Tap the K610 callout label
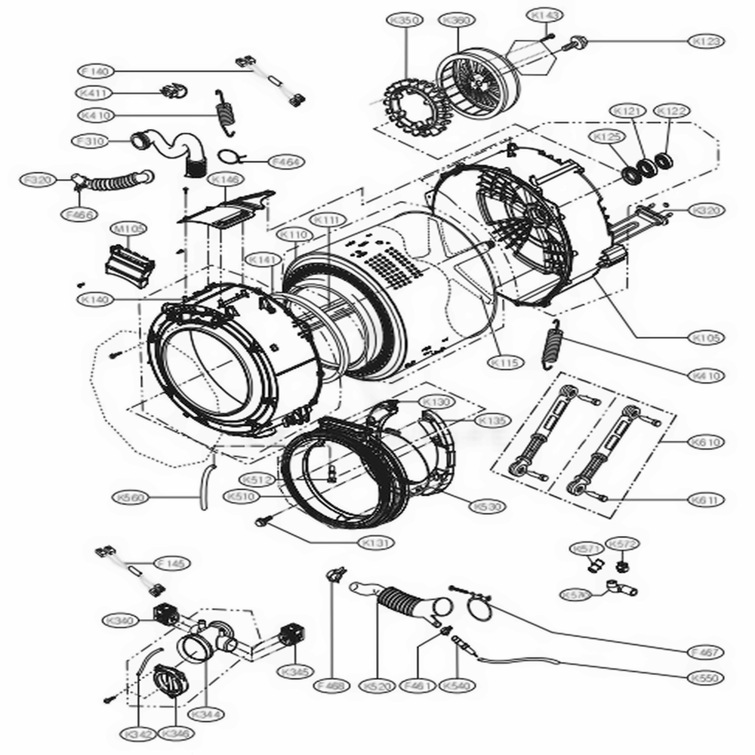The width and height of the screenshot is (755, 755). pyautogui.click(x=705, y=441)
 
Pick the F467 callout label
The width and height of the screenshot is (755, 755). pyautogui.click(x=705, y=652)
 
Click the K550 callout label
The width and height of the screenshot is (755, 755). pyautogui.click(x=705, y=678)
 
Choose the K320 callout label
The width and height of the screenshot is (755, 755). pyautogui.click(x=705, y=211)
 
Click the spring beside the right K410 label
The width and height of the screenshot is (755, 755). pyautogui.click(x=553, y=344)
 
